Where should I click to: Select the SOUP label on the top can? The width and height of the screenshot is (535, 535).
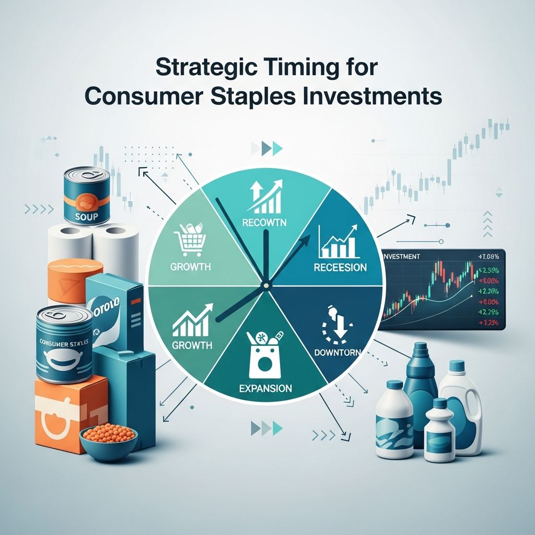tap(86, 216)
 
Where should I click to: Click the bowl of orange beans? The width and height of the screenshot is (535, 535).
tap(109, 441)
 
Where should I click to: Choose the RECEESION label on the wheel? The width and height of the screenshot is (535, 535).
tap(340, 267)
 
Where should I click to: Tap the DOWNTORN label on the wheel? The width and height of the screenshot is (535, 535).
tap(336, 353)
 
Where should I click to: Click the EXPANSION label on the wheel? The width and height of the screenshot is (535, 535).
tap(265, 389)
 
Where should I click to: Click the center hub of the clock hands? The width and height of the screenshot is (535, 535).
tap(266, 284)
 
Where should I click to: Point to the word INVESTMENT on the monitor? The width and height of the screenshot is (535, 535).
tap(402, 257)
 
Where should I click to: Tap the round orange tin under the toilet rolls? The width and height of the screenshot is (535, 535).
tap(75, 281)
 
